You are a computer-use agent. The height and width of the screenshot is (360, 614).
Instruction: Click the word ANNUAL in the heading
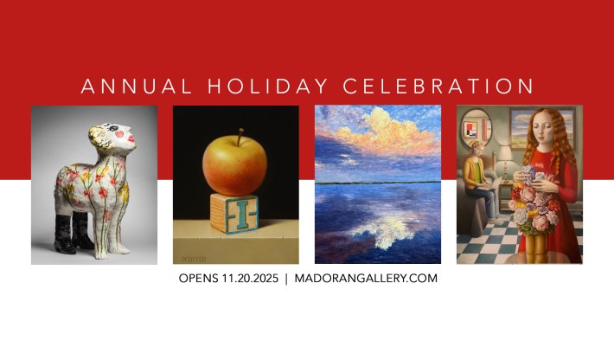137,87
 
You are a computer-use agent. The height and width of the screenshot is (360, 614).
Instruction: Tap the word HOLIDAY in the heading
267,87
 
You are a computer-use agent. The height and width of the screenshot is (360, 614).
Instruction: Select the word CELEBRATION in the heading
438,87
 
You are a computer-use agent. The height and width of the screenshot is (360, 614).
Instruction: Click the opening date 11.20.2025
250,279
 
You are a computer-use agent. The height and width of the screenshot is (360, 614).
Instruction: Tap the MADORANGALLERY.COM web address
366,279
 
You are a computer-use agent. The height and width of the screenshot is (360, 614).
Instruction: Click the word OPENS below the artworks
198,279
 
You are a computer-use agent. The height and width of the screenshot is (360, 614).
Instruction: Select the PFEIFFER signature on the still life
194,260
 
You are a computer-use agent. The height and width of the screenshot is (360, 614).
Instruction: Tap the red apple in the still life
234,165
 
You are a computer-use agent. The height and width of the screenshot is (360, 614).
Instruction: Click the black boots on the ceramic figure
74,232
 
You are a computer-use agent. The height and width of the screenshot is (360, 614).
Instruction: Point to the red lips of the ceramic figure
131,139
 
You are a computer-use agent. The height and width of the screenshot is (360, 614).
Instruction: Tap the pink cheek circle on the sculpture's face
119,134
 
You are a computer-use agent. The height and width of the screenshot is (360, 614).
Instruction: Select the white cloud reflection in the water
386,231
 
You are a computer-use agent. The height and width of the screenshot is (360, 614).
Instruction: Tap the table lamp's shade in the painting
505,153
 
